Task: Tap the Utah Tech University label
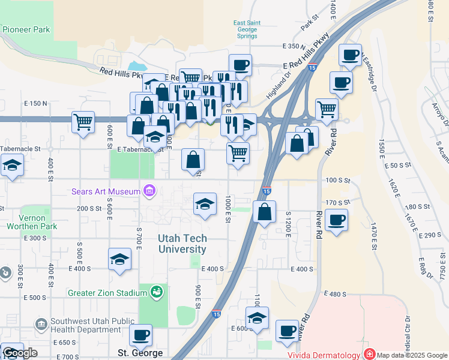(x=182, y=243)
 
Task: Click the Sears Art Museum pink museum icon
(x=149, y=191)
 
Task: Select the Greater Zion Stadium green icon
(x=157, y=292)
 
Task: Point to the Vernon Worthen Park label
(x=31, y=221)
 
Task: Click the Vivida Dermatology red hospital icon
(x=369, y=355)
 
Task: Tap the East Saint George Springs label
(x=246, y=29)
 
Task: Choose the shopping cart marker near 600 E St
(x=83, y=122)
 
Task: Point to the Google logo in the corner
(x=20, y=353)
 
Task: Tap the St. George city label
(x=140, y=353)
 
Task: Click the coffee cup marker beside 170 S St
(x=337, y=219)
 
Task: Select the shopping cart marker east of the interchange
(x=327, y=109)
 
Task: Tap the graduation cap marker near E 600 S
(x=257, y=317)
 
